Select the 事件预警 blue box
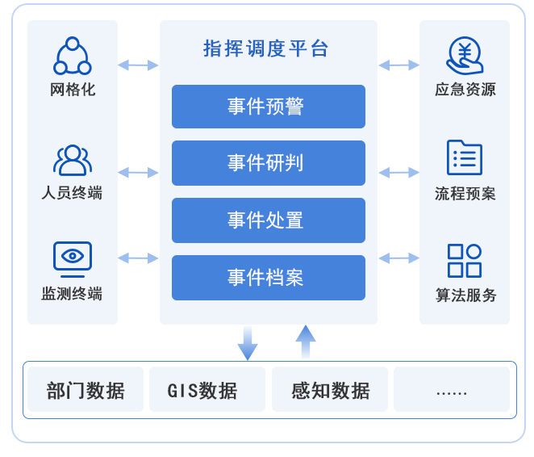point(268,107)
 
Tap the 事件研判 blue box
point(268,163)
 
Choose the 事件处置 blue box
point(268,220)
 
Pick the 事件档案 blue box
point(268,278)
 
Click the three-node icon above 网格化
point(73,57)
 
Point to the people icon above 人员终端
point(73,160)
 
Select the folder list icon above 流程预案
point(465,158)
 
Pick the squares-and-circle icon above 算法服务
point(465,260)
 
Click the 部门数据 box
point(86,390)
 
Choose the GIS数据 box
point(207,390)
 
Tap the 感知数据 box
point(330,390)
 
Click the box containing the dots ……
point(451,390)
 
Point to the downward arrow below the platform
point(248,343)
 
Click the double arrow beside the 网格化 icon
point(138,65)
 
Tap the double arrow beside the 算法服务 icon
point(398,258)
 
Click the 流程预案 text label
point(465,194)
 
